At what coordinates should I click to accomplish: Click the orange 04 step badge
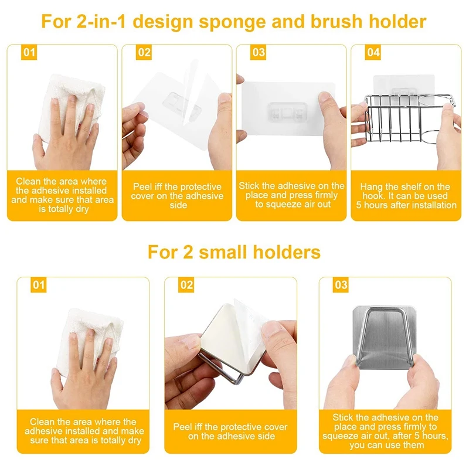pyautogui.click(x=373, y=53)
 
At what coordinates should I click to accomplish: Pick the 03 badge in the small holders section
pyautogui.click(x=341, y=286)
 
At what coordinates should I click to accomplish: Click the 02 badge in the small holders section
pyautogui.click(x=186, y=286)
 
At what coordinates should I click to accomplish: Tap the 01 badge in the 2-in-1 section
pyautogui.click(x=29, y=53)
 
